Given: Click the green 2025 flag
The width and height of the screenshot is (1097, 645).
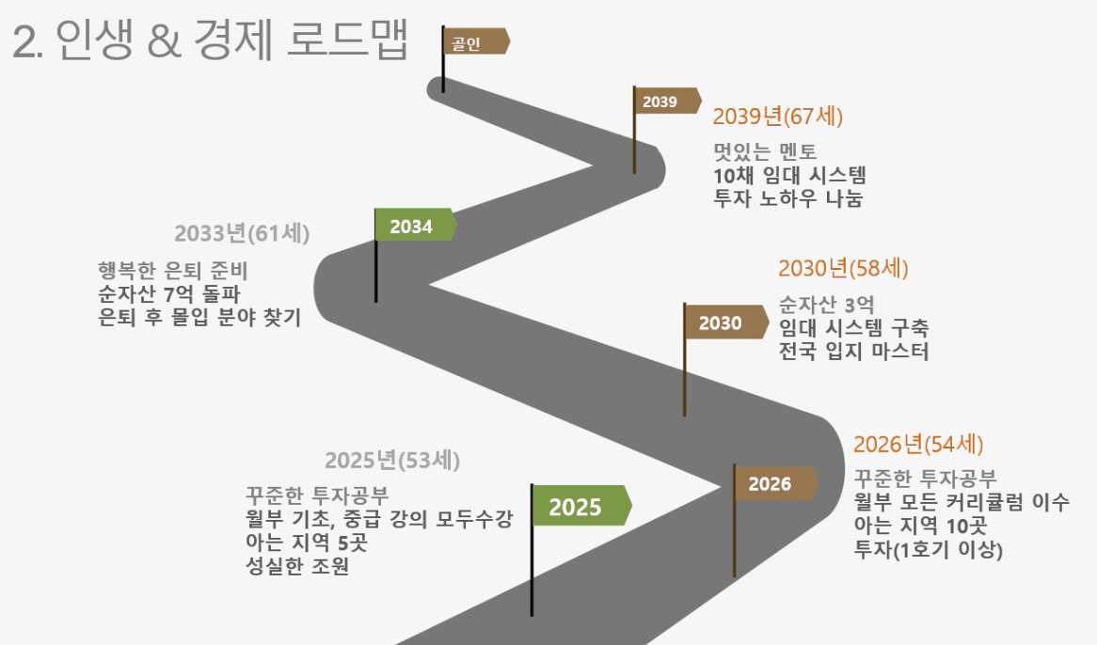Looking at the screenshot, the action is click(x=581, y=505).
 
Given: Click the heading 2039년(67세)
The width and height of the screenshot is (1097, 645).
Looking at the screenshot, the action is click(x=777, y=116).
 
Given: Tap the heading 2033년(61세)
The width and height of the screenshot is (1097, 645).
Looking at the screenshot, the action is click(x=242, y=232).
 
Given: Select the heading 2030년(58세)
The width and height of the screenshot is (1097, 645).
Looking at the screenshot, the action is click(x=843, y=268).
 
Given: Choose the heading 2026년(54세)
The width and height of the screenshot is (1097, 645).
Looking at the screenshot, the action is click(x=918, y=444).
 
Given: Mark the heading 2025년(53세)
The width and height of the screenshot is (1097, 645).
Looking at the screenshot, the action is click(x=391, y=460).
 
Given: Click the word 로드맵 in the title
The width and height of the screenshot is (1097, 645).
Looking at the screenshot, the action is click(x=347, y=39).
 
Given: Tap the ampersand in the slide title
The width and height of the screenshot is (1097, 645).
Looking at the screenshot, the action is click(x=165, y=40).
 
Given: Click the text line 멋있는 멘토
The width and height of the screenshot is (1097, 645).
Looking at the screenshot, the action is click(x=765, y=151).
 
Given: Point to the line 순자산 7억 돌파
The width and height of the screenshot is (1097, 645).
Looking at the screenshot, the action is click(x=168, y=293).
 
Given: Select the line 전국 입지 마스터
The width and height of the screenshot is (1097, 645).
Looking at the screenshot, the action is click(x=853, y=351).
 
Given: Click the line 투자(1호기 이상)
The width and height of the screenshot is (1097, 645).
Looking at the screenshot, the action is click(x=928, y=549).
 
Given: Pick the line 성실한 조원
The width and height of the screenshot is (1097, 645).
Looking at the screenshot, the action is click(x=296, y=565).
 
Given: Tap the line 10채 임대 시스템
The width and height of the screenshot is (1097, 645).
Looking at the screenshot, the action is click(x=789, y=175).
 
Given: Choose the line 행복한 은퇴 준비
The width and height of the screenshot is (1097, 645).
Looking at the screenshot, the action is click(x=173, y=271).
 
